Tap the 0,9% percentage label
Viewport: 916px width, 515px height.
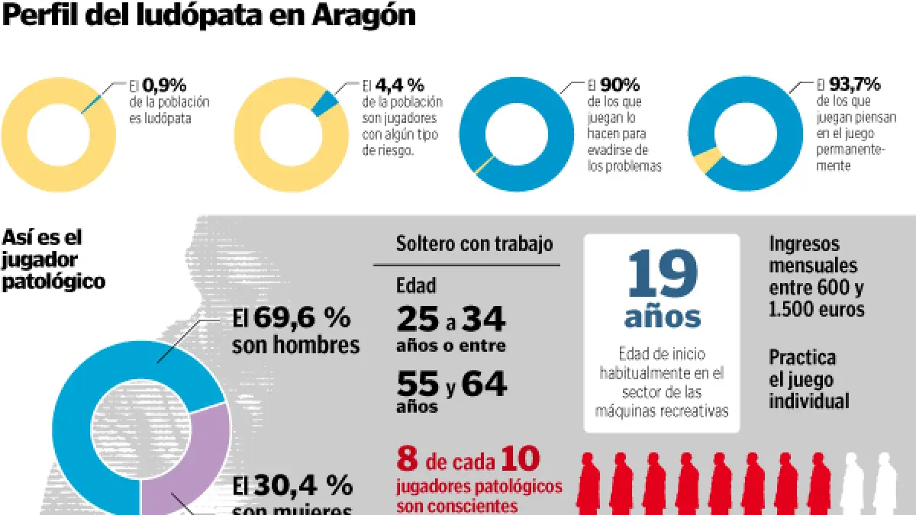163,85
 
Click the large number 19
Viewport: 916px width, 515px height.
662,275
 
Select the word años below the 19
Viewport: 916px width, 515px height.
663,316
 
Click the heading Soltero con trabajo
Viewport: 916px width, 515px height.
474,244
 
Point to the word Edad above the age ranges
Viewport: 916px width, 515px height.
416,285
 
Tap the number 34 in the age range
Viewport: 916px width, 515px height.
483,320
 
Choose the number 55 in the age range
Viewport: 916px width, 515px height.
418,383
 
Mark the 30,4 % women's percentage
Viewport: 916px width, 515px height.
303,485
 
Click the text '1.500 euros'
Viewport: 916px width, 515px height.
817,309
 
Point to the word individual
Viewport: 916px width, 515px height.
808,401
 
